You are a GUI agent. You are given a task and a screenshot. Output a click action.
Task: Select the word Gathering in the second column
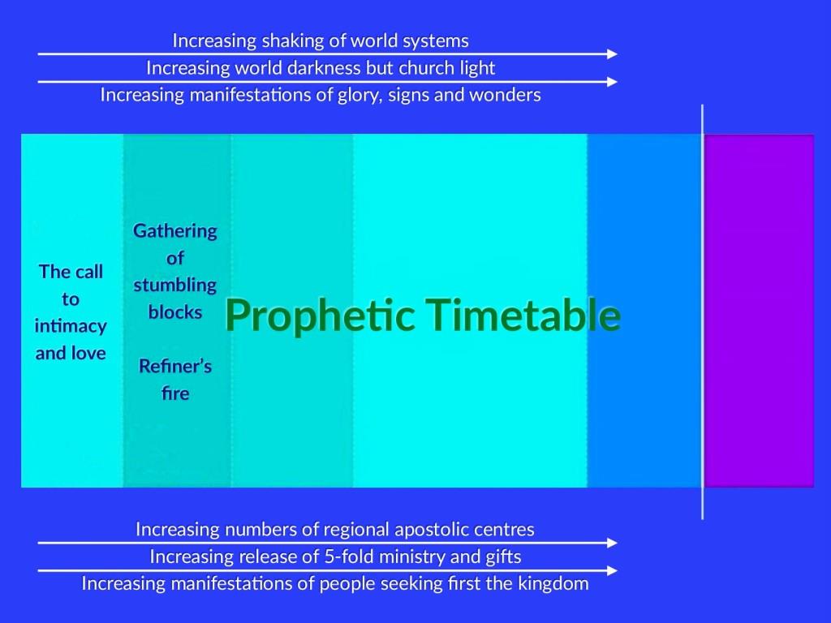(x=175, y=231)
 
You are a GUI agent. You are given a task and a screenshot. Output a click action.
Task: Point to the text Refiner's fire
(x=175, y=380)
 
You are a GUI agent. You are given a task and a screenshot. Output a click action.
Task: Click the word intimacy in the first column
(x=71, y=326)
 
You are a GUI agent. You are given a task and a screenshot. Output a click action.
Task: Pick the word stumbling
(x=175, y=285)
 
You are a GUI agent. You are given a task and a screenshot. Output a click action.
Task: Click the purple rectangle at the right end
(x=759, y=310)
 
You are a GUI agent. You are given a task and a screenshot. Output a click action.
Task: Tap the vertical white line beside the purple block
(x=703, y=310)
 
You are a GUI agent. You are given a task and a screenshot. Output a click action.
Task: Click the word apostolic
(x=432, y=530)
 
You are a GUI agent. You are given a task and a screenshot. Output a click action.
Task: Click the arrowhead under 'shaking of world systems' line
(x=611, y=54)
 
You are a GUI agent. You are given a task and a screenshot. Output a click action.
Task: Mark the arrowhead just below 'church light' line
(x=611, y=82)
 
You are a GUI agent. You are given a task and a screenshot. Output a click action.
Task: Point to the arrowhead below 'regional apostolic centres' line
(x=611, y=544)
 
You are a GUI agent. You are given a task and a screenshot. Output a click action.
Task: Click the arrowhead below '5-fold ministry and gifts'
(x=611, y=571)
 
